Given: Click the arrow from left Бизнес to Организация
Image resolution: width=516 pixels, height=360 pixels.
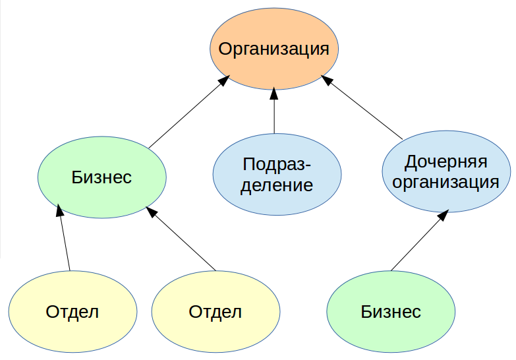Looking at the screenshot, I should point(188,112).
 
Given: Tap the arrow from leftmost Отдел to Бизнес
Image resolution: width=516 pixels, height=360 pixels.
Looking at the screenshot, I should point(64,237).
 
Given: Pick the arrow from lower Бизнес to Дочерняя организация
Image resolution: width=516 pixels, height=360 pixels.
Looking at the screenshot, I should point(419,241).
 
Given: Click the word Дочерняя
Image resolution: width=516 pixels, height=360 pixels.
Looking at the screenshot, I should point(446,162).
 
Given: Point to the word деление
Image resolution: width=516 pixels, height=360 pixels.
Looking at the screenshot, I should point(277,185).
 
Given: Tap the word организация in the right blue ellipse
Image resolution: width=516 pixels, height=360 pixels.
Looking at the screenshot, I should point(446,182).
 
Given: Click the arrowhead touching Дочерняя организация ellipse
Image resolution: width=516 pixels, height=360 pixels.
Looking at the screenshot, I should point(444,215).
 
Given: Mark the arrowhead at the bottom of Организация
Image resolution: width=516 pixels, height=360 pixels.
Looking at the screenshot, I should point(274,94).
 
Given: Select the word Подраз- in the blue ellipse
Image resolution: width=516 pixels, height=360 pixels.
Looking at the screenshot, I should point(277,164).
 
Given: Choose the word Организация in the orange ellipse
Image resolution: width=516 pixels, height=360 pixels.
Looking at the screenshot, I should point(273,49).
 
